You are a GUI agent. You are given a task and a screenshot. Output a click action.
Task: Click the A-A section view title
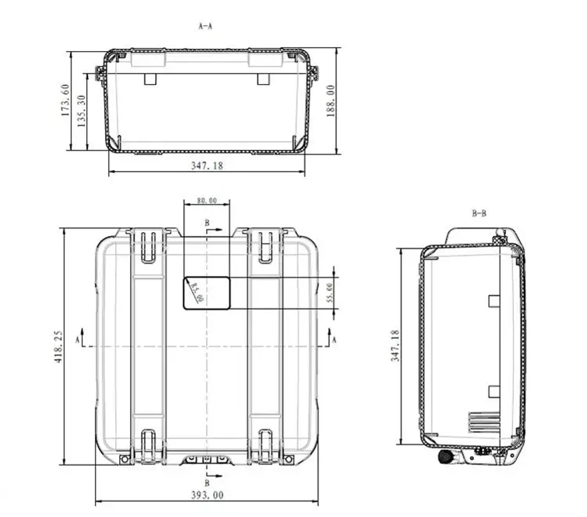tap(205, 26)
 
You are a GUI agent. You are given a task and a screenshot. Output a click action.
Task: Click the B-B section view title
tap(479, 213)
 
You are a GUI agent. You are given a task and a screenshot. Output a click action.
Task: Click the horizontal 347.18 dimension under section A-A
tap(207, 166)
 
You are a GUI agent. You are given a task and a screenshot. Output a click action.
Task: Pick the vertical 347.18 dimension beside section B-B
tap(396, 345)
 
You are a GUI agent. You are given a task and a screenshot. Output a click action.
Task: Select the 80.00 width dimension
tap(207, 200)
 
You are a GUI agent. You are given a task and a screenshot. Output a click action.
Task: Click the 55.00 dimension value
tap(329, 293)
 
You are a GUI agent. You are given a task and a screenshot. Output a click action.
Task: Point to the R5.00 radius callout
tap(197, 291)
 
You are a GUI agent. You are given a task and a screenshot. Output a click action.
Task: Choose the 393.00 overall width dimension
tap(207, 495)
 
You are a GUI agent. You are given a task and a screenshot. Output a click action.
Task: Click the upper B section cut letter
tap(207, 223)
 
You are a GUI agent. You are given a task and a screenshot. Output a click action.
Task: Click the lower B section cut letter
tap(207, 483)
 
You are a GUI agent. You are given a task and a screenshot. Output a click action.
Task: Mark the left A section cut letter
tap(77, 340)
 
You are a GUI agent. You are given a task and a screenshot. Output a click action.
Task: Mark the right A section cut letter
tap(335, 340)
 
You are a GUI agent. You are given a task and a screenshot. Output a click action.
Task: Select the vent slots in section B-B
tap(483, 422)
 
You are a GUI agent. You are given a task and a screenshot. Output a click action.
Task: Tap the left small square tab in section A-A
tap(151, 79)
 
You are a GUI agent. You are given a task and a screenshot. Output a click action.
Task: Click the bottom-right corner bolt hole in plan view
tap(288, 459)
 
